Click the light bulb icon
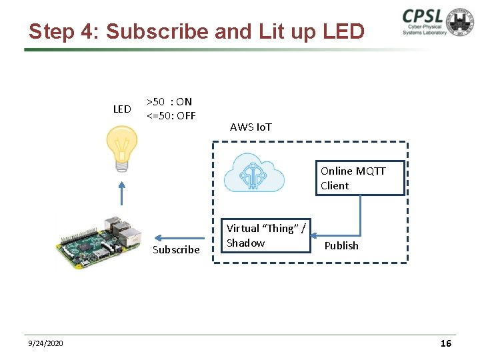[122, 148]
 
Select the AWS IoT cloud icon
[254, 173]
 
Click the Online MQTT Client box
[360, 178]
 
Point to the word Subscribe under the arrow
[176, 250]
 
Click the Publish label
[341, 246]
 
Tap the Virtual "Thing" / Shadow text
[266, 235]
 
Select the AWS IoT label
[251, 127]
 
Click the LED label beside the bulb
[122, 109]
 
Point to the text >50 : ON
[169, 102]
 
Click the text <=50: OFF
[171, 115]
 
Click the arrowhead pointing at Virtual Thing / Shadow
[315, 235]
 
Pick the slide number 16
[446, 343]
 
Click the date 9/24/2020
[46, 343]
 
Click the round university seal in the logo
[461, 22]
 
